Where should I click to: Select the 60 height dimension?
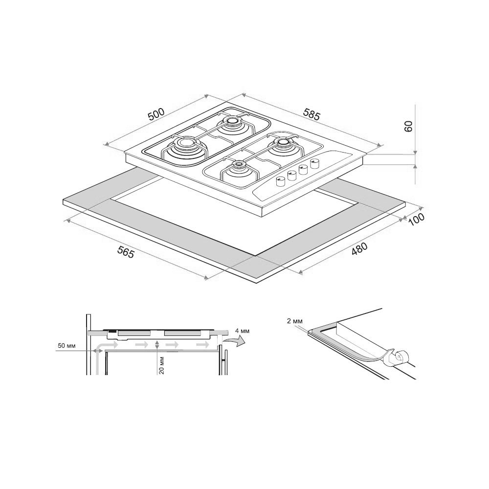(x=408, y=126)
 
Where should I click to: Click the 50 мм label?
(x=67, y=346)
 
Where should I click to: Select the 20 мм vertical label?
(x=161, y=365)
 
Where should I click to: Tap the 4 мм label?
(x=243, y=331)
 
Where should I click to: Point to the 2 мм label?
(x=295, y=321)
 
